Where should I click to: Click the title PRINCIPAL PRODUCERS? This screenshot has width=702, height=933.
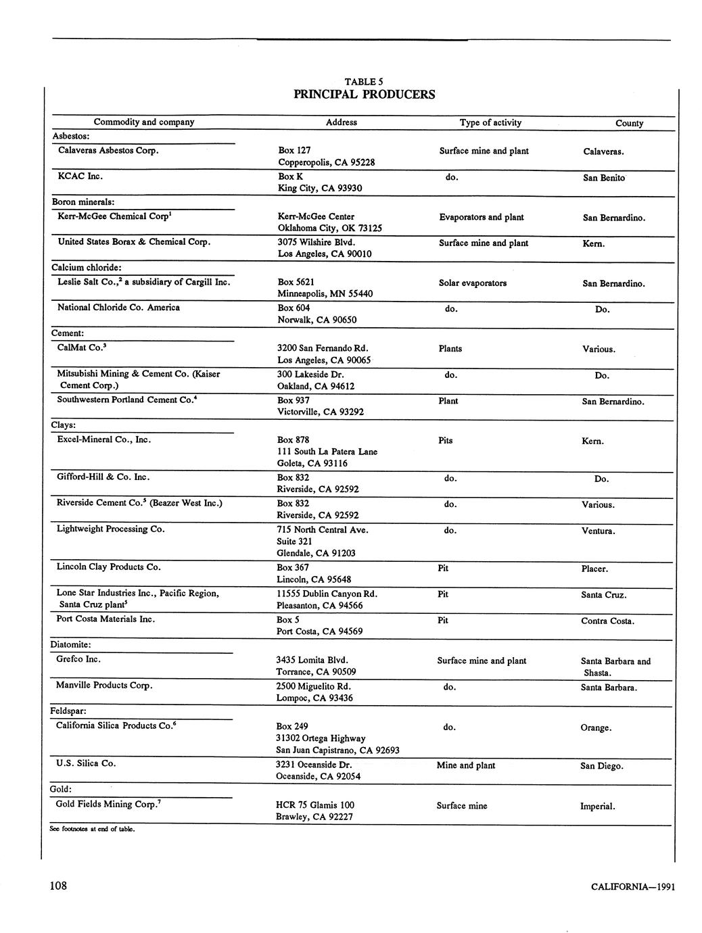[364, 95]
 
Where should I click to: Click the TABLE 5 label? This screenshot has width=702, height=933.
[364, 82]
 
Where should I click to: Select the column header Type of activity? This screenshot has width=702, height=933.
[490, 122]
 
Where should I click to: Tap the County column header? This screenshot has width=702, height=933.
[629, 123]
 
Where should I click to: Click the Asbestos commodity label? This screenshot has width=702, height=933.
[70, 136]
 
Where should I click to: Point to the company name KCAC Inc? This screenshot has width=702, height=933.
[80, 176]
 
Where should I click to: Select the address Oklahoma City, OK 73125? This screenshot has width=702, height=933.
[329, 229]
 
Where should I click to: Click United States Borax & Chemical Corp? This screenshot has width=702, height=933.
[134, 241]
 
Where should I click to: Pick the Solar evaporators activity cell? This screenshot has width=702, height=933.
[472, 283]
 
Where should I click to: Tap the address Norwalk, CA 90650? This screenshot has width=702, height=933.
[317, 320]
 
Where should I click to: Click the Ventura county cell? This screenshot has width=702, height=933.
[598, 531]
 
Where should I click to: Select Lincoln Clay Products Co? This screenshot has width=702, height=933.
[108, 567]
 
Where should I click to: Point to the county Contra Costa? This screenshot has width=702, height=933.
[607, 621]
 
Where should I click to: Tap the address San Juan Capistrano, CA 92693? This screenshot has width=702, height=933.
[337, 750]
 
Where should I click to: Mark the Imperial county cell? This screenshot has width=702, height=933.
[597, 806]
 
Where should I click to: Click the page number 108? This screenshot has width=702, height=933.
[58, 886]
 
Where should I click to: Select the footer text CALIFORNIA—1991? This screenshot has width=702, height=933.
[632, 887]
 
